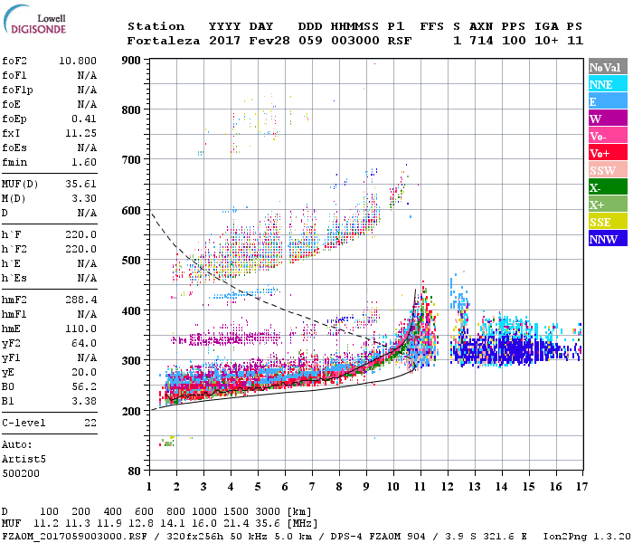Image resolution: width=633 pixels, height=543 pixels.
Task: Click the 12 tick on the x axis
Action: pyautogui.click(x=447, y=486)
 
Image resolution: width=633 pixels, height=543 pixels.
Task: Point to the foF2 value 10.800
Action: pyautogui.click(x=78, y=60)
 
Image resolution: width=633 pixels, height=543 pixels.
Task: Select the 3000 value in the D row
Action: pyautogui.click(x=271, y=511)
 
